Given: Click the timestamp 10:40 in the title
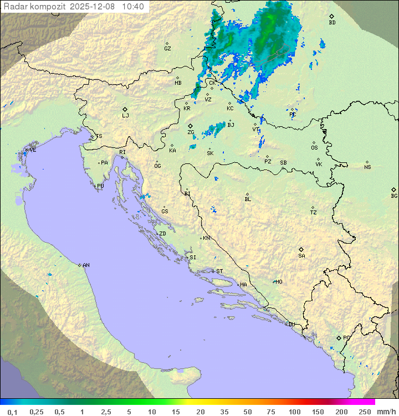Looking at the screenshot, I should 133,7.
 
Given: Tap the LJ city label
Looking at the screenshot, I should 125,116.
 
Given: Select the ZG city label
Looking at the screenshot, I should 191,132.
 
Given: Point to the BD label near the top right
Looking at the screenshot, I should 332,23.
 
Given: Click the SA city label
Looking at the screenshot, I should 301,255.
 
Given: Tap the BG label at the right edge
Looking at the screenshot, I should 394,196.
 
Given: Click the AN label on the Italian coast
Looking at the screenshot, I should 86,265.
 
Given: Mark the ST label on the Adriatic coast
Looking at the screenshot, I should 219,271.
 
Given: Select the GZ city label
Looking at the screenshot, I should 167,48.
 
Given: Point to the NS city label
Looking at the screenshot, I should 367,167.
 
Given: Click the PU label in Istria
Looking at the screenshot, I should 100,186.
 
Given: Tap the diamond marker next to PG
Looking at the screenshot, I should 339,337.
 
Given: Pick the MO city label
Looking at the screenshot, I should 279,281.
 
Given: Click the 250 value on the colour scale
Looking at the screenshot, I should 365,412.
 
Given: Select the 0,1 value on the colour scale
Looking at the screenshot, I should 12,412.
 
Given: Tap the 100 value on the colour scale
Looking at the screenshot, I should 294,412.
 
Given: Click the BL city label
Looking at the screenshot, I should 248,199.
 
